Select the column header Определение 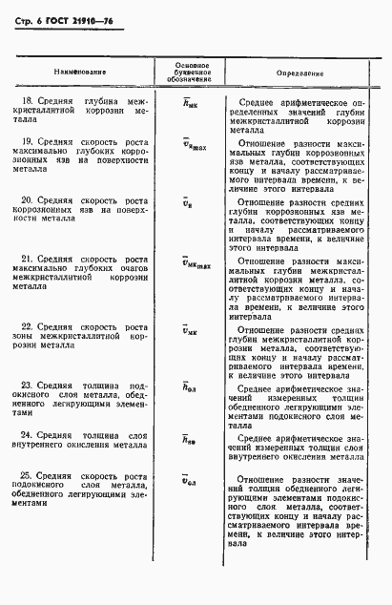pyautogui.click(x=299, y=72)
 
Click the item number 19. pyautogui.click(x=30, y=142)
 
